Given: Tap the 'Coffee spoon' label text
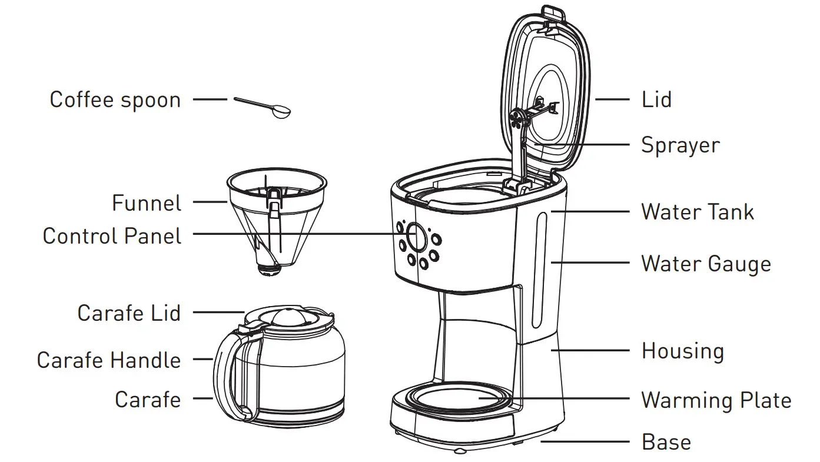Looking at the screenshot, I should point(115,99).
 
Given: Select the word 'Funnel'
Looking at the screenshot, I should point(147,204).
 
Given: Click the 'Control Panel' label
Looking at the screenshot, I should point(112,236).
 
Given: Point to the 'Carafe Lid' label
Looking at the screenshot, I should point(129,313).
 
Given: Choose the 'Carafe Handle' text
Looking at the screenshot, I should point(108,360).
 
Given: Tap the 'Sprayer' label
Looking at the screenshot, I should point(680,145).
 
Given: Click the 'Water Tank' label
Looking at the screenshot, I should point(697,212).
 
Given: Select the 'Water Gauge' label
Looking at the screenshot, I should point(705,264).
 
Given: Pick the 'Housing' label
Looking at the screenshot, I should point(682,351).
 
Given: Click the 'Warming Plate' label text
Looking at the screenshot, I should point(716,400).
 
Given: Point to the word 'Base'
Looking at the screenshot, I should point(666,442).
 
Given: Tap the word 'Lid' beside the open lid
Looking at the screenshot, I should point(656,99).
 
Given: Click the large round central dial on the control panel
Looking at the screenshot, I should point(417,237).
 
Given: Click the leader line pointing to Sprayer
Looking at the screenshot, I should point(583,144).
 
